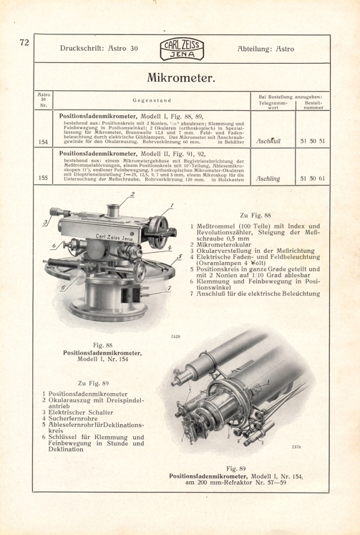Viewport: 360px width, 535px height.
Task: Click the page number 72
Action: tap(23, 43)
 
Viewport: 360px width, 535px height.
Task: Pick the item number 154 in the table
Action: tap(42, 142)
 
